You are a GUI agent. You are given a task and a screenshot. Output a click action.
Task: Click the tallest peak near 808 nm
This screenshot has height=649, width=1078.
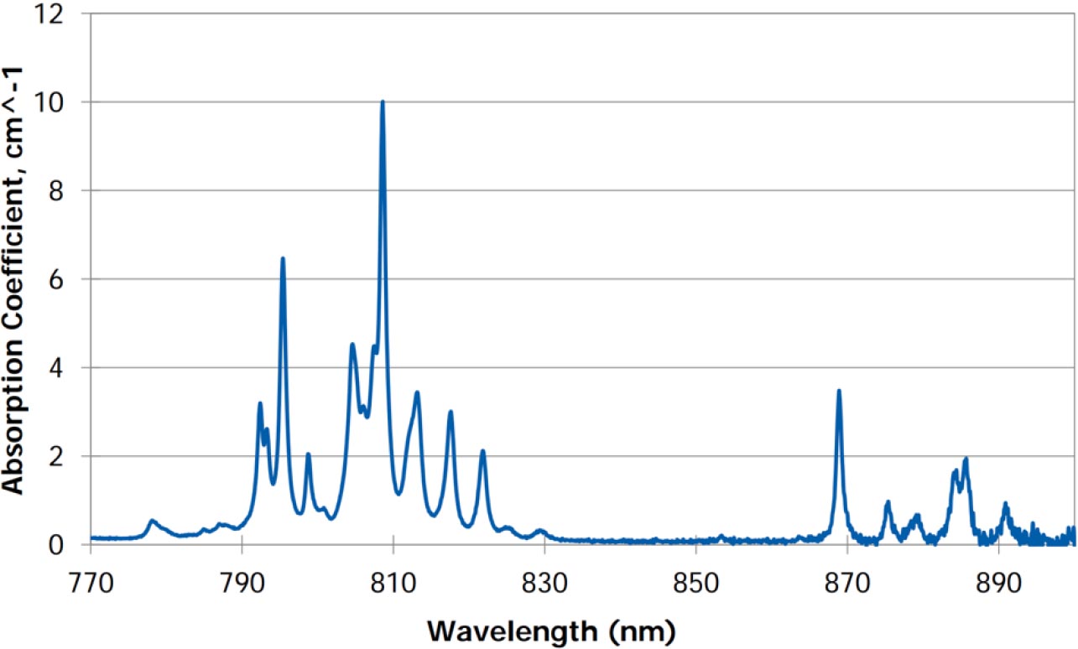383,102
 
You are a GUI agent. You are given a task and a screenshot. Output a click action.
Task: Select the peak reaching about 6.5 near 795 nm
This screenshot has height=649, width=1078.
283,259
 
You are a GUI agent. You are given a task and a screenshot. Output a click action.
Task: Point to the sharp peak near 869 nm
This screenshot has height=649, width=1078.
838,391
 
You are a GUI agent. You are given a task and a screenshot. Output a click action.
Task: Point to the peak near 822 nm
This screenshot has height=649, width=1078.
482,452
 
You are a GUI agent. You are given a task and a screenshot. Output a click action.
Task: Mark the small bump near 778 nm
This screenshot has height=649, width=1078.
152,522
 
